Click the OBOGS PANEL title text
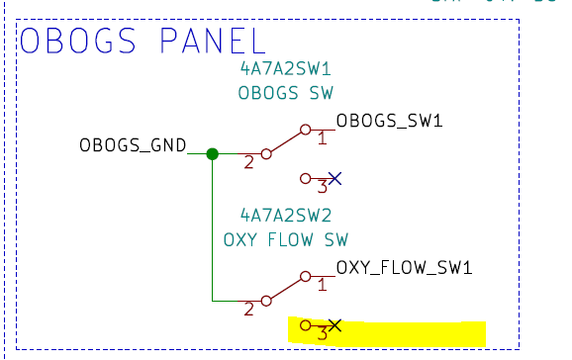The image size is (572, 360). coord(143,42)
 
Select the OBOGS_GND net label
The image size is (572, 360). coord(134,146)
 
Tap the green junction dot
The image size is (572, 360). coord(212,153)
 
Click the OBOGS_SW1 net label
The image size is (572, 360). coord(389,122)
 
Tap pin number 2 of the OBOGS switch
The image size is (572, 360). coord(249,162)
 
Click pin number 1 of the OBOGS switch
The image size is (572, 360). coord(322,139)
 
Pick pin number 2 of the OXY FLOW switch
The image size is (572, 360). coord(249,309)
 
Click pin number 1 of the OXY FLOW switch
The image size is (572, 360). coord(322,285)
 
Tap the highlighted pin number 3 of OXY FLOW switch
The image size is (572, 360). coord(322,332)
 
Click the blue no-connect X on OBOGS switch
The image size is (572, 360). coord(335,178)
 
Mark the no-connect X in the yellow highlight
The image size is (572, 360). coord(335,324)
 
